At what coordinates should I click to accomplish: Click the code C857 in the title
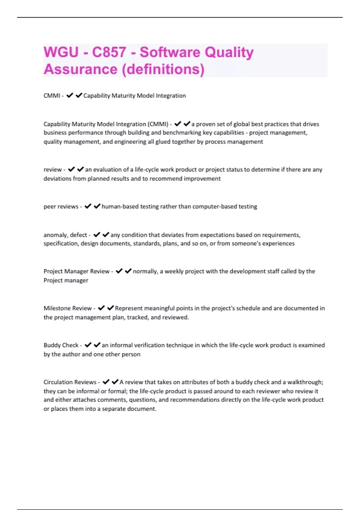click(x=109, y=52)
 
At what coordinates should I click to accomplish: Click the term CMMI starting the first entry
click(x=52, y=96)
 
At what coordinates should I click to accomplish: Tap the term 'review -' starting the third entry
click(x=54, y=169)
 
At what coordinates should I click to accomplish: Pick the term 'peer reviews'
click(x=61, y=206)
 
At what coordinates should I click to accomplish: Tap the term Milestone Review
click(x=67, y=308)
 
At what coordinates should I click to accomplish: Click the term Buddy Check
click(x=61, y=345)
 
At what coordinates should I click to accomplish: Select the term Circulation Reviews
click(x=70, y=382)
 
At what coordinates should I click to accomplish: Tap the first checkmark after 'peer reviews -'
click(x=88, y=206)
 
